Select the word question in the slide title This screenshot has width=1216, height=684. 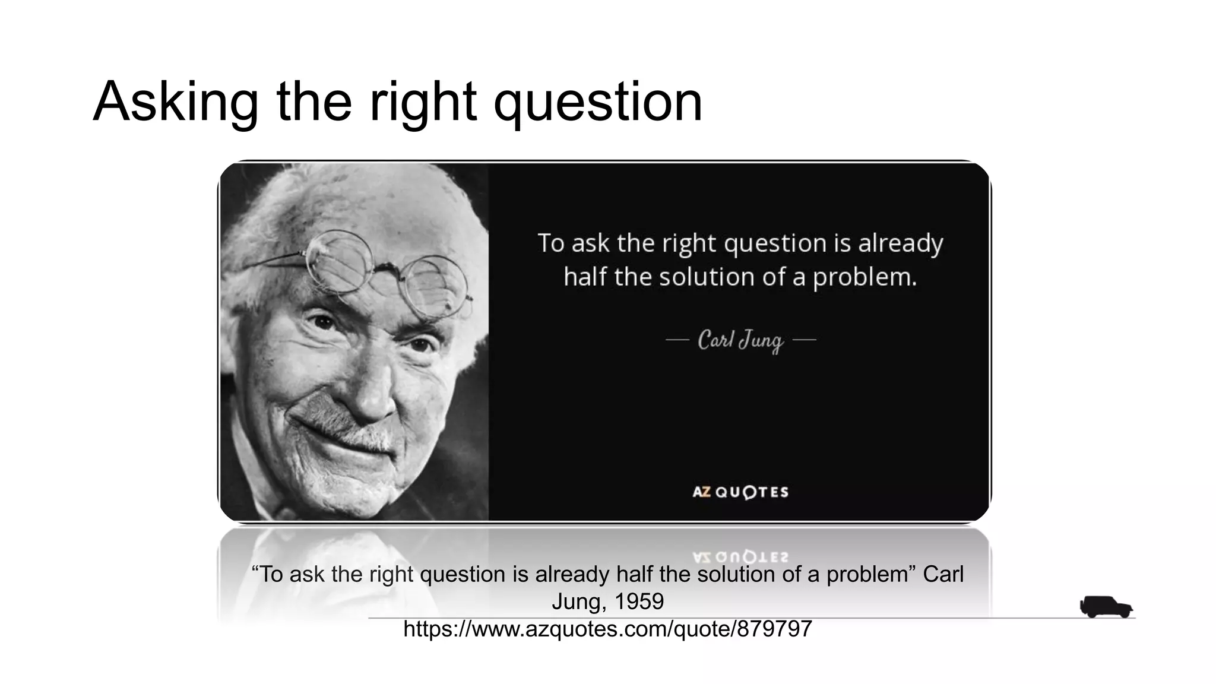(598, 102)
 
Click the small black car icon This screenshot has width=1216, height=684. (1106, 607)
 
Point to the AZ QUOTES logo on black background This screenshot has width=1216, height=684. (740, 492)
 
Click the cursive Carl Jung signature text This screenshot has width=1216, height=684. (740, 341)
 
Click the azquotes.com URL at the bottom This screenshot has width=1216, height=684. (607, 629)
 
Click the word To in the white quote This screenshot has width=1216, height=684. (550, 243)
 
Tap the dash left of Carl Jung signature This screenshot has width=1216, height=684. (677, 340)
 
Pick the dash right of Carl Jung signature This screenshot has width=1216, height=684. (805, 340)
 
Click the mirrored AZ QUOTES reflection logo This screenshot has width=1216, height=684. (740, 557)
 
